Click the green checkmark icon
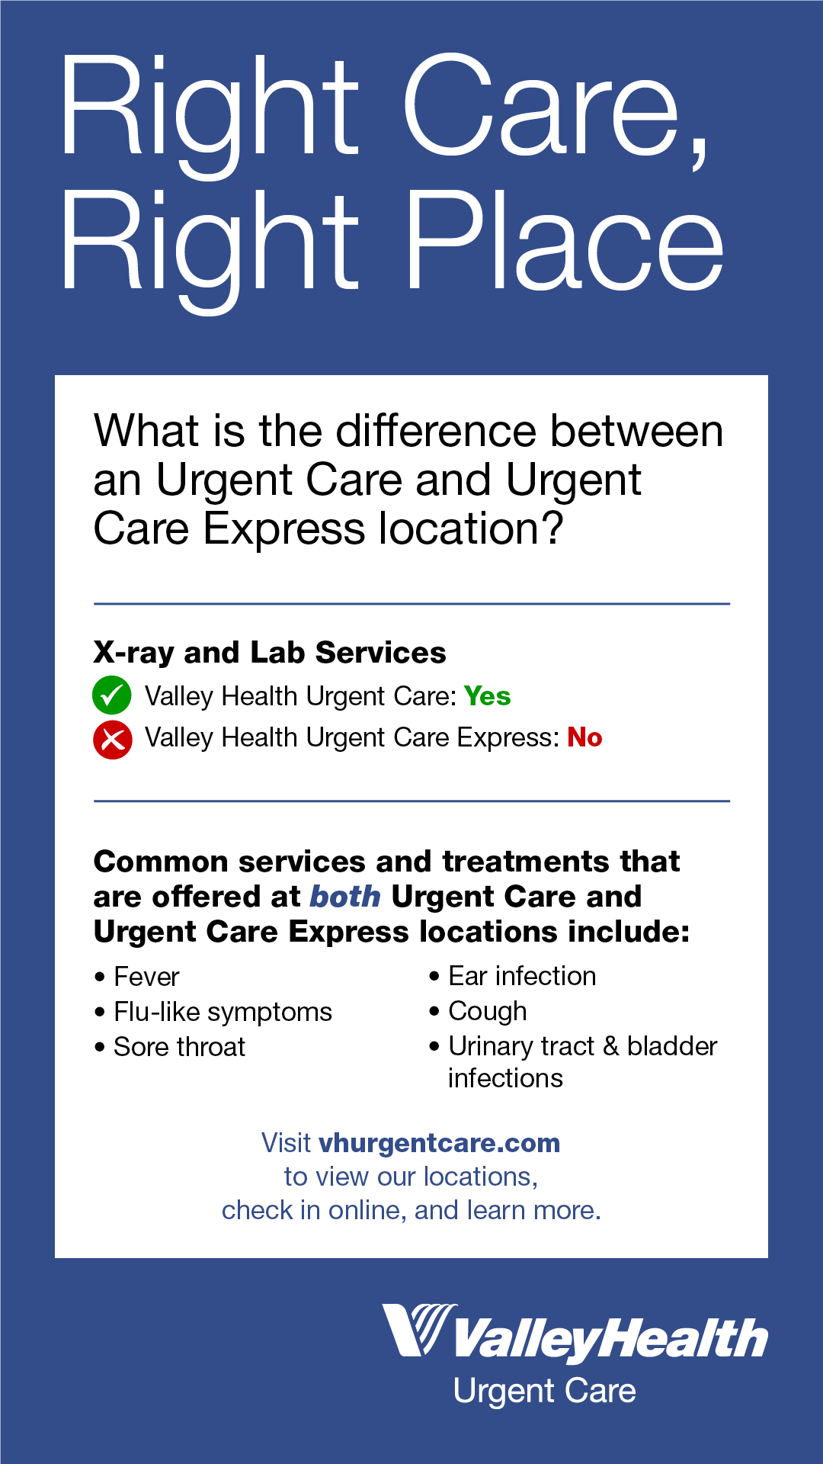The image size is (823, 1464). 111,695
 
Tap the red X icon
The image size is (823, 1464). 112,740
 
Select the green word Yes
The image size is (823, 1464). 487,696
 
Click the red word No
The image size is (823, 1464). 584,738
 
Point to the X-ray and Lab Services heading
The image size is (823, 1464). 269,653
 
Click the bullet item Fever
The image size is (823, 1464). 146,977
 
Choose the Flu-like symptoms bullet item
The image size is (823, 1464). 223,1012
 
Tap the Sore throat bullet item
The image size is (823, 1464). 179,1047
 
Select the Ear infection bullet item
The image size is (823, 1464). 522,976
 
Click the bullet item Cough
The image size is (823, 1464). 488,1011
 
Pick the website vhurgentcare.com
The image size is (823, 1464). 439,1143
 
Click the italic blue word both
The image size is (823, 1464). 344,897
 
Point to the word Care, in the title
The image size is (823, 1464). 556,107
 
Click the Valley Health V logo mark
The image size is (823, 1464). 418,1330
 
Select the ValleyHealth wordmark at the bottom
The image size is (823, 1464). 610,1340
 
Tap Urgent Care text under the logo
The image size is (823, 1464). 544,1392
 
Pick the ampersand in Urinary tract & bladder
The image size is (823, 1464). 610,1046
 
